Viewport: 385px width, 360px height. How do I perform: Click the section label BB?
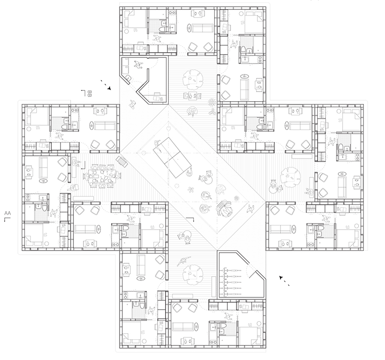[89, 94]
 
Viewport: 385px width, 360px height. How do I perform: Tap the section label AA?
[8, 213]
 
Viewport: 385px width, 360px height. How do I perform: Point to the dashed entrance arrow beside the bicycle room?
[284, 281]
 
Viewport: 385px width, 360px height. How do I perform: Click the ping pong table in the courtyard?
[172, 157]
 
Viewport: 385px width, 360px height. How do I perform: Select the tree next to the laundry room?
[193, 80]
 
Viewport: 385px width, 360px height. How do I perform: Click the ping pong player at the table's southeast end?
[189, 173]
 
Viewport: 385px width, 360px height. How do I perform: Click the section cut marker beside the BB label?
[83, 93]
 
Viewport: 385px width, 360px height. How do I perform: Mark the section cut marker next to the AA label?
[8, 219]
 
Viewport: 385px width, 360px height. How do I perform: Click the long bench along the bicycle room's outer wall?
[213, 286]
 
